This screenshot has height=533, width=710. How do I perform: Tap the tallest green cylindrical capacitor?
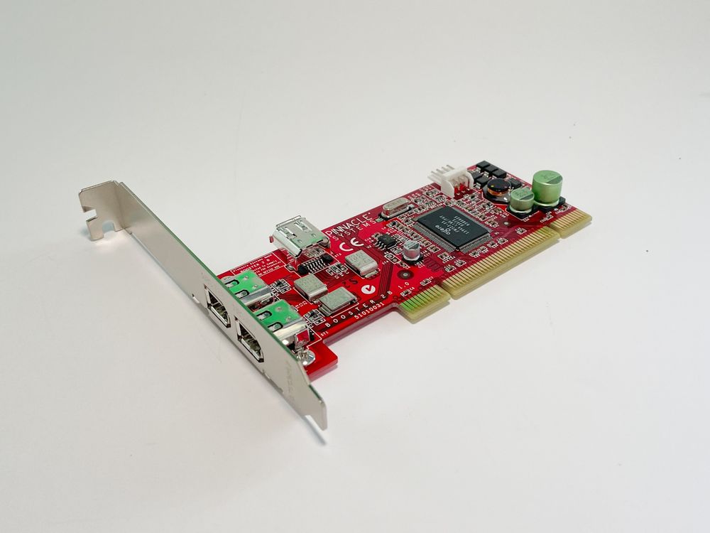(x=547, y=187)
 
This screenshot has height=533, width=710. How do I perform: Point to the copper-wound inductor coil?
(x=499, y=187)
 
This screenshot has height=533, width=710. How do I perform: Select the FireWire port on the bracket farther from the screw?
(x=214, y=304)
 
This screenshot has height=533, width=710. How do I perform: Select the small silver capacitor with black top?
(x=412, y=249)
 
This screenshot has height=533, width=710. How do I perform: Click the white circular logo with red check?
(x=367, y=289)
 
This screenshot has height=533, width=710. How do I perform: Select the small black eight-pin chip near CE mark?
(x=386, y=242)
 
